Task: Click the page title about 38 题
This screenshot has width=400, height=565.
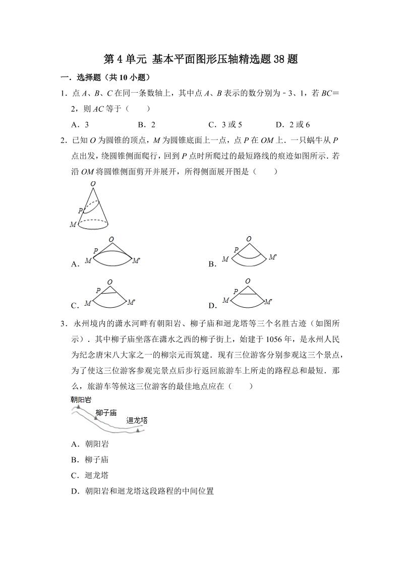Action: (200, 59)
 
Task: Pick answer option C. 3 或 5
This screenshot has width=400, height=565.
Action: (225, 124)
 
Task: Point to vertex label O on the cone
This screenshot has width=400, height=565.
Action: (93, 184)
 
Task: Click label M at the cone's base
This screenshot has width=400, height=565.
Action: (73, 225)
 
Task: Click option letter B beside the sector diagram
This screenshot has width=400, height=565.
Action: (212, 264)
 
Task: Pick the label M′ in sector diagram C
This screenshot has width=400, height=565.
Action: (131, 302)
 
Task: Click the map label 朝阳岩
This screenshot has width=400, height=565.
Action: (81, 399)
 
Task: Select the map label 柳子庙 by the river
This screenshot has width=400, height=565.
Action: (106, 412)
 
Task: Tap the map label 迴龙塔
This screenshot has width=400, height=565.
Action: (137, 419)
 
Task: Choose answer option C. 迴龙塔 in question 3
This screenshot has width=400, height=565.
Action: (90, 475)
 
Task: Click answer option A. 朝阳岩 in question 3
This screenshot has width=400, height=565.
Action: (90, 444)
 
